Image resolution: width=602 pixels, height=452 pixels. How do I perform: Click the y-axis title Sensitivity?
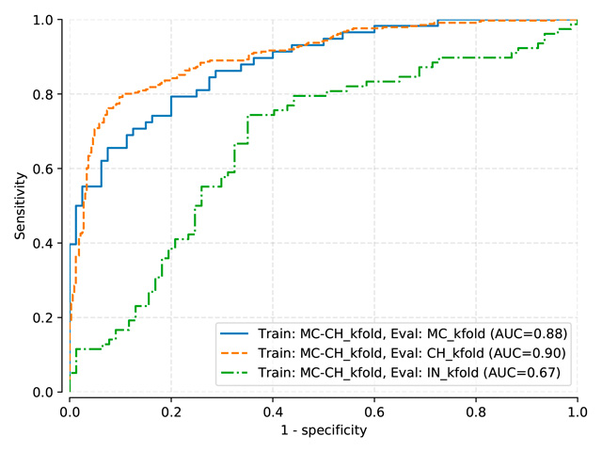(19, 205)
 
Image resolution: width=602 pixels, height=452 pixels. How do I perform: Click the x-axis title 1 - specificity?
(324, 430)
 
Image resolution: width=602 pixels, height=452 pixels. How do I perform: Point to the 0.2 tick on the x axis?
(171, 411)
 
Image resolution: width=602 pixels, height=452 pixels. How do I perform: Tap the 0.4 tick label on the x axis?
(273, 411)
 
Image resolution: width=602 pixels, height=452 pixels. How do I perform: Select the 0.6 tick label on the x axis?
(374, 411)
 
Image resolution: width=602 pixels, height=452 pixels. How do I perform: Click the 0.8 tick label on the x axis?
(476, 411)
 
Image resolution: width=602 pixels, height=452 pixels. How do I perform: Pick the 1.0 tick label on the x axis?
(577, 411)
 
